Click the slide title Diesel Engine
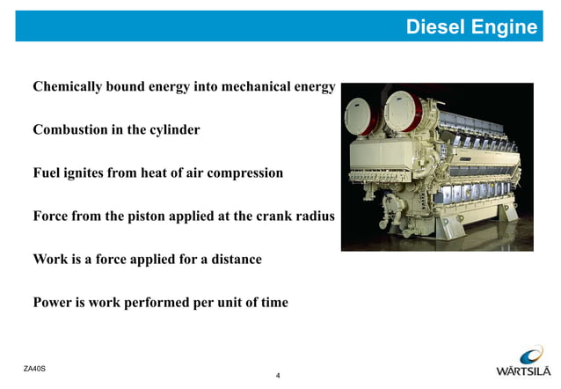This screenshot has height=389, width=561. tap(471, 27)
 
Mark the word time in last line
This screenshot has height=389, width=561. tap(271, 303)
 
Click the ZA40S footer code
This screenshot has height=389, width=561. tap(34, 366)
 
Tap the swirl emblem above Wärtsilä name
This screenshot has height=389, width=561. tap(530, 355)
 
